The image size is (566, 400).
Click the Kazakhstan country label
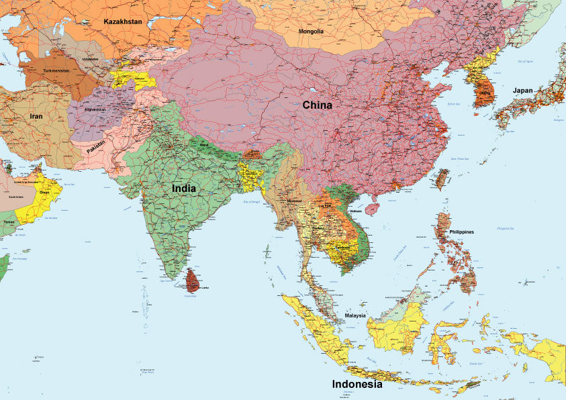[x=122, y=21]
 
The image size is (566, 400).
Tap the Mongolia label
[x=311, y=32]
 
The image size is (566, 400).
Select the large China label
[x=317, y=105]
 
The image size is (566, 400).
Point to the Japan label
[x=523, y=91]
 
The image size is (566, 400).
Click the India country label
[x=184, y=189]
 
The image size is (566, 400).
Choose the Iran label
[x=36, y=116]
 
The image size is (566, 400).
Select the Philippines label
[x=461, y=232]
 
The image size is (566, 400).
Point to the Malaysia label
[x=355, y=315]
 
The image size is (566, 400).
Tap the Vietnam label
[x=356, y=211]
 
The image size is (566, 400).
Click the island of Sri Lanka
[x=193, y=280]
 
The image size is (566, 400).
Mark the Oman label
[x=44, y=192]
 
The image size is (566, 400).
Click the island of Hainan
[x=371, y=209]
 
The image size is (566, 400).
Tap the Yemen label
[x=9, y=221]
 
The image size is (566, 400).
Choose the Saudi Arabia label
[x=15, y=197]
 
